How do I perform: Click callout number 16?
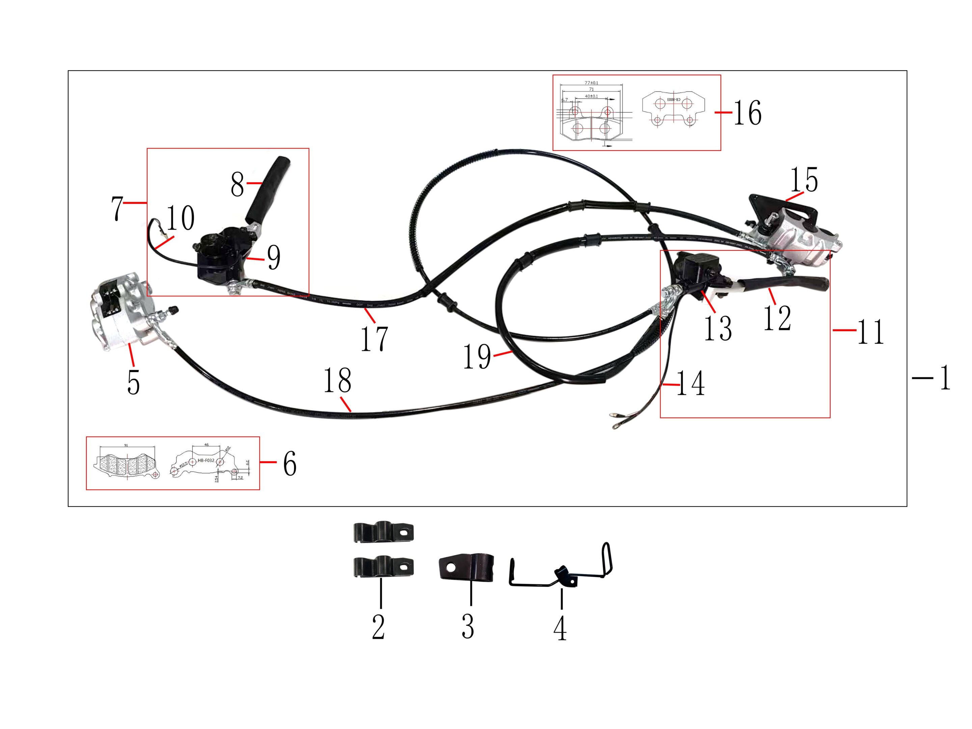pyautogui.click(x=748, y=113)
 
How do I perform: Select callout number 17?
pyautogui.click(x=374, y=339)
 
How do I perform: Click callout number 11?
pyautogui.click(x=870, y=332)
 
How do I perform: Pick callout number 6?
pyautogui.click(x=290, y=464)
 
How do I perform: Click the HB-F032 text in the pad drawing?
pyautogui.click(x=206, y=460)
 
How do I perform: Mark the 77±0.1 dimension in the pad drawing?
pyautogui.click(x=591, y=83)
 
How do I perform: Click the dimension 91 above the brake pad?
pyautogui.click(x=126, y=445)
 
